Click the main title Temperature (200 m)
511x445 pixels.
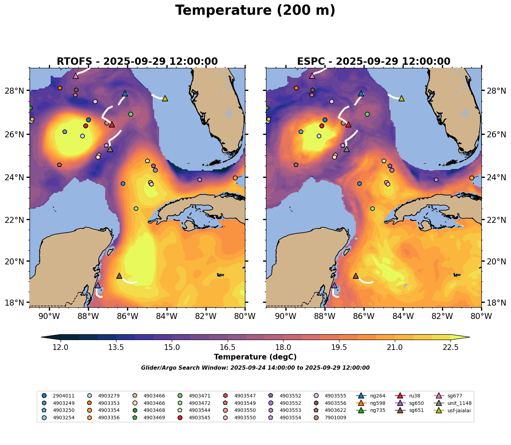(255, 11)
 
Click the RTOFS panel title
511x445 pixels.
(137, 62)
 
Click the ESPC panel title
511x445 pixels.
(373, 62)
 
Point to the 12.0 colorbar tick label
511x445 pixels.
(61, 347)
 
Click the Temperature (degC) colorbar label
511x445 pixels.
(255, 357)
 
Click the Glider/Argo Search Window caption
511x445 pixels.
(255, 368)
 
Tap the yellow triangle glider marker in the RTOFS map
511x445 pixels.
(165, 98)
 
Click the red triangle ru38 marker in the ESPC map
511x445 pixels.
(348, 124)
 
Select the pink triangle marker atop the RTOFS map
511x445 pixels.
(76, 76)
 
